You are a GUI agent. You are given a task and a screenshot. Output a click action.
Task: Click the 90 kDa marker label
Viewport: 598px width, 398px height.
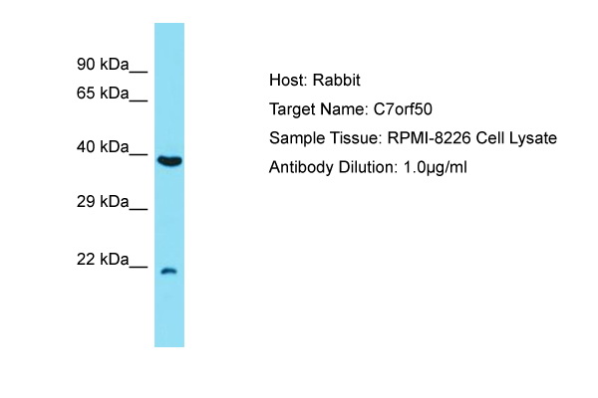point(103,64)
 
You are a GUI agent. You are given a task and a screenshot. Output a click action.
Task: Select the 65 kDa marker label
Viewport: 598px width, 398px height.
point(103,93)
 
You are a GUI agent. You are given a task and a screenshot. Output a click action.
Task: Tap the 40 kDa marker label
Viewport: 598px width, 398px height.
point(103,146)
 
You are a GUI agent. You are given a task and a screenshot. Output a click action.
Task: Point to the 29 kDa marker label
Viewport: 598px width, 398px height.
point(103,201)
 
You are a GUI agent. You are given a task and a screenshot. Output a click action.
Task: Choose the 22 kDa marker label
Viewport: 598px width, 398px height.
point(103,260)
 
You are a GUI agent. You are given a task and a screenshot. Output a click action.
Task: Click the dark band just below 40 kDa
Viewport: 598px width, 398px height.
point(169,161)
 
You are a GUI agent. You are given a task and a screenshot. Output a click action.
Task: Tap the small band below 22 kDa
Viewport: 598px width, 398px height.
point(169,272)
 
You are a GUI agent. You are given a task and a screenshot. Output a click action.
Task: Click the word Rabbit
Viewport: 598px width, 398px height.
point(337,81)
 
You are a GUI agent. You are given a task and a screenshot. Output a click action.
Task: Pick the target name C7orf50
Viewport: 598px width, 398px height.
point(403,109)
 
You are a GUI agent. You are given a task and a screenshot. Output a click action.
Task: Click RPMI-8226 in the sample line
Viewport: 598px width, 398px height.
point(429,138)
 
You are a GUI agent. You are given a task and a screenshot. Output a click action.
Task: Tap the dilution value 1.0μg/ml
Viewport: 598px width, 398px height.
point(436,168)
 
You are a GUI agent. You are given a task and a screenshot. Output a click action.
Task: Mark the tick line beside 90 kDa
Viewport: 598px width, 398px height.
point(139,72)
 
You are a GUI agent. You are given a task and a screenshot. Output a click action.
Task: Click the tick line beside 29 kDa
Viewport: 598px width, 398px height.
point(139,209)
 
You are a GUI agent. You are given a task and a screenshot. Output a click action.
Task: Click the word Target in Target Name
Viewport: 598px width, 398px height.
point(292,110)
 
